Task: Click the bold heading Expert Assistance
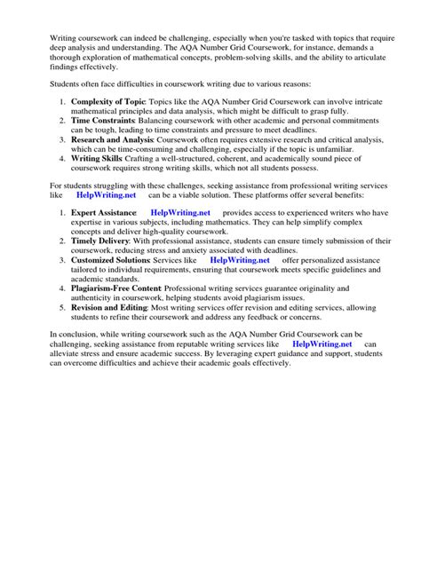tap(104, 239)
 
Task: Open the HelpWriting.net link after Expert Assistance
tap(180, 239)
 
